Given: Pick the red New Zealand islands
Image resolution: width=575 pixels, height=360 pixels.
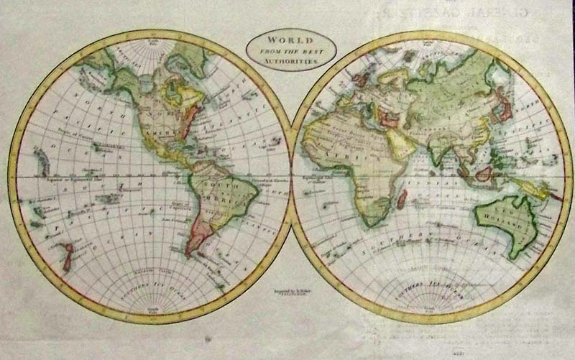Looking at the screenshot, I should point(67,256).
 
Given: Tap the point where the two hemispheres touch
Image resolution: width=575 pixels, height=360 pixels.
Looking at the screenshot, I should point(291,177).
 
